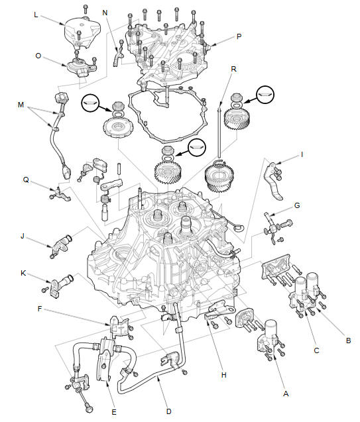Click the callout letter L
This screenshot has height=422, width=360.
click(x=36, y=15)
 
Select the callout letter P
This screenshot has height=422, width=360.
click(x=239, y=36)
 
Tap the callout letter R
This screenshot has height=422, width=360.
click(x=233, y=69)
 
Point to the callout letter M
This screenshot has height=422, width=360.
click(x=21, y=105)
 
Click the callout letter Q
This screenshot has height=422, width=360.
click(x=26, y=180)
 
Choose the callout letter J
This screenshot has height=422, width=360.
click(x=23, y=236)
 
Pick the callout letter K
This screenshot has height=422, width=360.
click(x=23, y=273)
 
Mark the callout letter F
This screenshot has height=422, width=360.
click(x=40, y=309)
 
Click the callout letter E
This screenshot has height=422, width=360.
click(x=114, y=412)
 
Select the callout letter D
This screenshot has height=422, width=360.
click(x=168, y=411)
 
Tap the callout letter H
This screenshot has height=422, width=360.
click(x=223, y=375)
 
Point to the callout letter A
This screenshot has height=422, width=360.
click(x=286, y=394)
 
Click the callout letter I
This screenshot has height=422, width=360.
click(x=302, y=155)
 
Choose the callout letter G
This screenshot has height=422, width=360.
click(x=297, y=205)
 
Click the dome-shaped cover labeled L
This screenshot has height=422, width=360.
click(x=82, y=32)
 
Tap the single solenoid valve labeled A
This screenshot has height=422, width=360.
click(x=269, y=338)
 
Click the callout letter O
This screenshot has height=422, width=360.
click(x=38, y=56)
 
